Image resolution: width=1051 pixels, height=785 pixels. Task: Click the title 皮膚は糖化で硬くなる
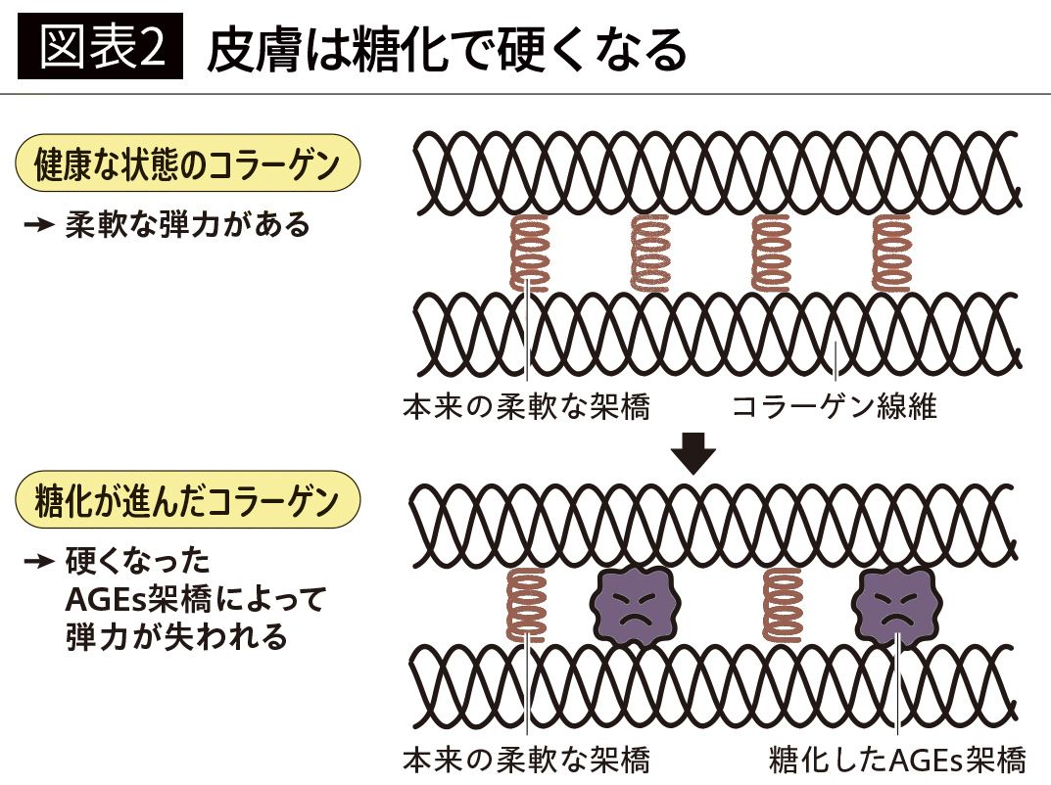447,50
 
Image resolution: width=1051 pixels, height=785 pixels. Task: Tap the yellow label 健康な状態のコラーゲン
187,163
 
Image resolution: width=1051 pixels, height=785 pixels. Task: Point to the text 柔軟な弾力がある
188,225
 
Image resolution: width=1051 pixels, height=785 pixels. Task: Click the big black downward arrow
694,453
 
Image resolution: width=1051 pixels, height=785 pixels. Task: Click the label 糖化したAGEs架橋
897,760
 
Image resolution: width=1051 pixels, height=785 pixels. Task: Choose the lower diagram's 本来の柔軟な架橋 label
526,760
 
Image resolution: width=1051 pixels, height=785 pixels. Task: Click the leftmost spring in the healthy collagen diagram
530,253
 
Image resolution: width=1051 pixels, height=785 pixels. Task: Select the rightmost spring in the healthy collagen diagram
891,253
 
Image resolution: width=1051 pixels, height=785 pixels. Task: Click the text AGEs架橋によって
194,599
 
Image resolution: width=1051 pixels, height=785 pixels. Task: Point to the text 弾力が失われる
176,636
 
